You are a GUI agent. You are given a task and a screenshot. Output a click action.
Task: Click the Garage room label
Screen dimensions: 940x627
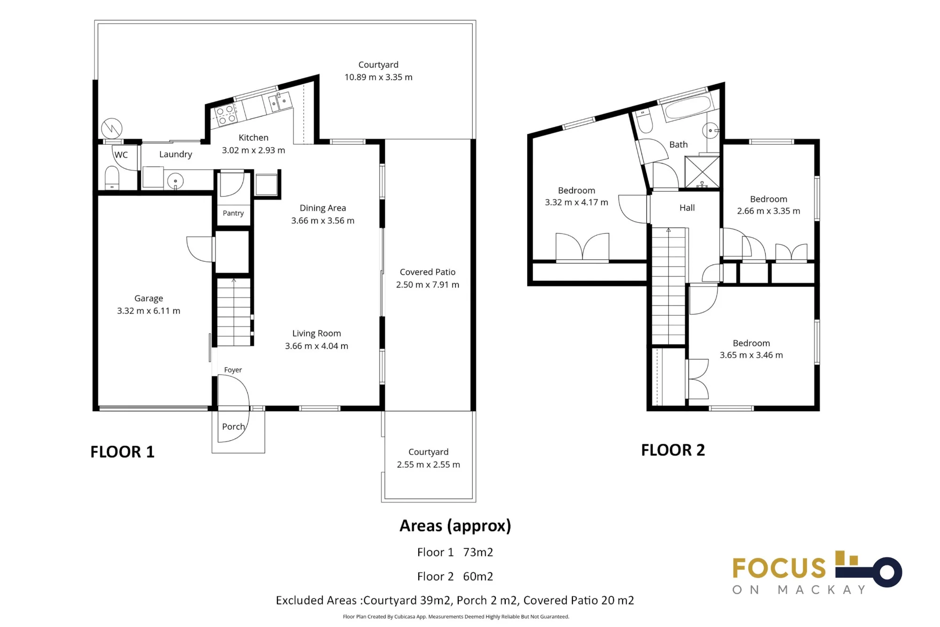(149, 298)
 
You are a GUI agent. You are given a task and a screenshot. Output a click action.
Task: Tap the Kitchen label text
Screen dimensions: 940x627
(253, 138)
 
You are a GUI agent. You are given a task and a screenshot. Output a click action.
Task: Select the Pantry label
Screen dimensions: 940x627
(233, 213)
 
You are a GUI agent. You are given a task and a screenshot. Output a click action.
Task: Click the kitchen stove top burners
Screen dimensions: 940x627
(225, 116)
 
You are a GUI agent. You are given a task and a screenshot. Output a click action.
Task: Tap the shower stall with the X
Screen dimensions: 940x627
(702, 172)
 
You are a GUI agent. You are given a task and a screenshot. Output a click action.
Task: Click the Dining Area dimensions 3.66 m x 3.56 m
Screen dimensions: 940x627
(323, 220)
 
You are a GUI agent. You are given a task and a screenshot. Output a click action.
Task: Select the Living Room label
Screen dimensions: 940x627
(317, 333)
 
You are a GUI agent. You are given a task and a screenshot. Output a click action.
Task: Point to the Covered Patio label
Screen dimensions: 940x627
(428, 272)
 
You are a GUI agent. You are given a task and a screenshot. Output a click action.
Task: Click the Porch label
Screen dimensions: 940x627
(234, 427)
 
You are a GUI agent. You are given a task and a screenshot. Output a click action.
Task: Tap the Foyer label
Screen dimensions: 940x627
(233, 370)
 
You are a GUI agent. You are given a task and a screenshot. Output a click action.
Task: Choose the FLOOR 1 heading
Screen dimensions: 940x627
(122, 452)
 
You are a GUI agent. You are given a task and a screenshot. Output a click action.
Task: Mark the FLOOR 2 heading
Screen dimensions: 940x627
(673, 450)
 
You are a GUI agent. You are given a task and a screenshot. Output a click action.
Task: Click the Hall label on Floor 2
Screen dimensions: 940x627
(687, 208)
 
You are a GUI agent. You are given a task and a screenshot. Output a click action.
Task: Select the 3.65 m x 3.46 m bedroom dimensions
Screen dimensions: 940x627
(752, 355)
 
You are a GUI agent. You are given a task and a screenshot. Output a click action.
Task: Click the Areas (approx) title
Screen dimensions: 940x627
(455, 526)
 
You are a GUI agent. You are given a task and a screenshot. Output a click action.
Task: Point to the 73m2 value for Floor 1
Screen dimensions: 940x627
(478, 552)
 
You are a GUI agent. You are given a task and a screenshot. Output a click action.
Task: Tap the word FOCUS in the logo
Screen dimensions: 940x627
(779, 568)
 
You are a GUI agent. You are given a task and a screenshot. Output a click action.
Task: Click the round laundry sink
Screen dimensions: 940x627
(175, 181)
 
